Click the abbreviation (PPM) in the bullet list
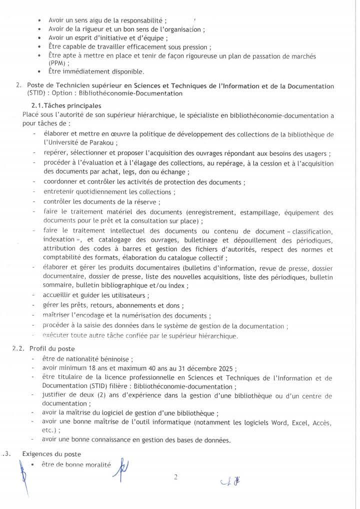58,63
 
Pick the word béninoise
116,359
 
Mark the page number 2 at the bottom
175,477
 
